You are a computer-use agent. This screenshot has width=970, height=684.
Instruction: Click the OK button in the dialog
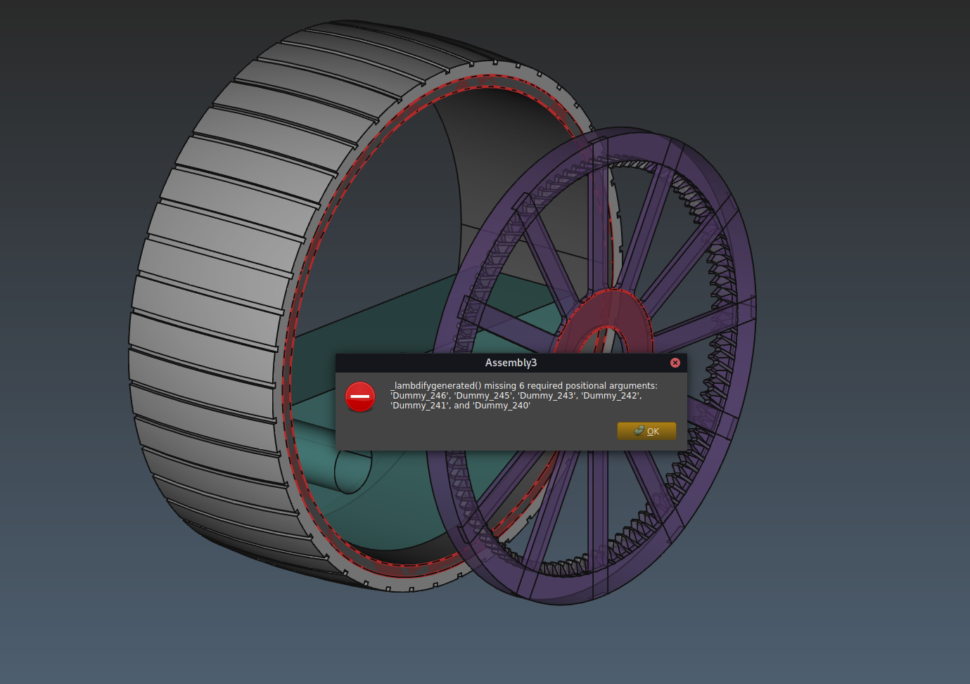tap(646, 431)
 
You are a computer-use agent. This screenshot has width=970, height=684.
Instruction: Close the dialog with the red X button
tap(675, 363)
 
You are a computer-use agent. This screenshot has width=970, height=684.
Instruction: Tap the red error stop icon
tap(360, 396)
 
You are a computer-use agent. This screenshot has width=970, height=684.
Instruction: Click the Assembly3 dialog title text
tap(511, 363)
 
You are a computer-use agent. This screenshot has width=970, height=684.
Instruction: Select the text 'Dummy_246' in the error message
tap(419, 396)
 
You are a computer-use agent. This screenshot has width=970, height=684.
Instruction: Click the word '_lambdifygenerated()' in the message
tap(436, 386)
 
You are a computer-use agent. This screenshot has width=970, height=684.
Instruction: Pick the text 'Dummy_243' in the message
tap(546, 396)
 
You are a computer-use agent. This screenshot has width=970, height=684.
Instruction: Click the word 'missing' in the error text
tap(500, 386)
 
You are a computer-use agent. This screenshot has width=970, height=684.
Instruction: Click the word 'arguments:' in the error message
tap(634, 386)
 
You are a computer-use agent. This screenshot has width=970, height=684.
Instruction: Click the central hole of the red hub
tap(608, 341)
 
